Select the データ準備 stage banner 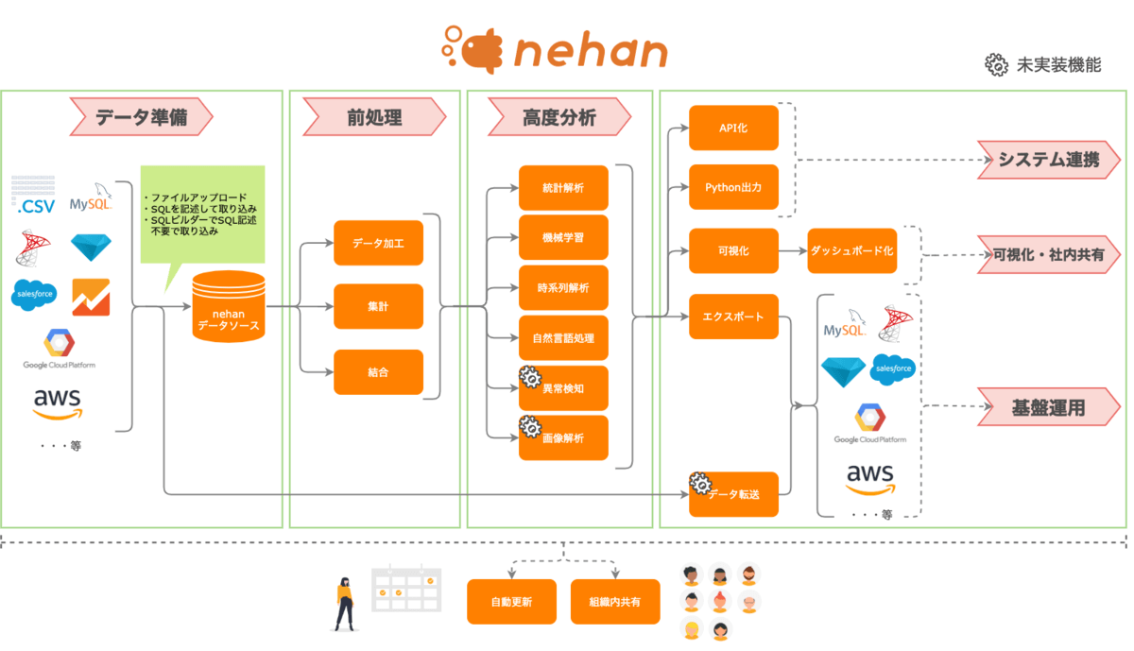pyautogui.click(x=141, y=118)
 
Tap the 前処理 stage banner pyautogui.click(x=374, y=118)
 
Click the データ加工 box pyautogui.click(x=378, y=243)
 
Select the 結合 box pyautogui.click(x=378, y=372)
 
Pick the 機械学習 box pyautogui.click(x=563, y=237)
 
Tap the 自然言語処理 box pyautogui.click(x=563, y=337)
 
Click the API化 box pyautogui.click(x=733, y=128)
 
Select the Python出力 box pyautogui.click(x=733, y=187)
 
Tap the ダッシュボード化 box pyautogui.click(x=851, y=251)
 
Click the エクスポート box pyautogui.click(x=733, y=316)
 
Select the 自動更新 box pyautogui.click(x=511, y=602)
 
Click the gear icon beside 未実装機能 pyautogui.click(x=996, y=64)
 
